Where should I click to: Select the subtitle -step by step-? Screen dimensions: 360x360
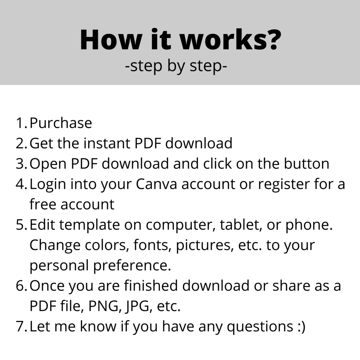tap(176, 66)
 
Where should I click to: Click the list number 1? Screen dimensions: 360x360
tap(21, 123)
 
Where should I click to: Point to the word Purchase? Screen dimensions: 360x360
tap(61, 123)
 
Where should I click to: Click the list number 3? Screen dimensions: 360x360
tap(21, 164)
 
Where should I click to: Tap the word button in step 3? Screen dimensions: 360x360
tap(307, 163)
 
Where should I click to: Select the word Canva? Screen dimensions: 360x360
tap(156, 184)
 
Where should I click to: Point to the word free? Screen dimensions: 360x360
tap(43, 204)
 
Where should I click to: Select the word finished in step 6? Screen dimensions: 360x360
tap(151, 285)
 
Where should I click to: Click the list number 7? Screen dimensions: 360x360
tap(21, 326)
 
